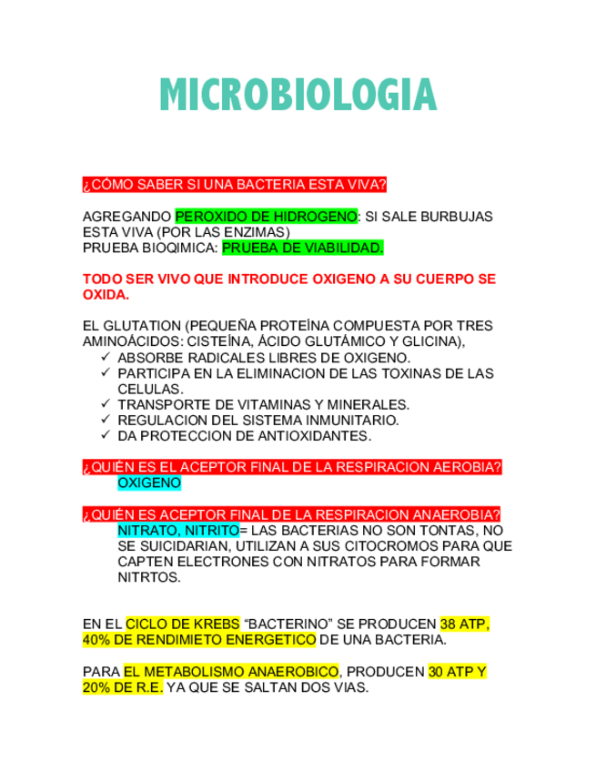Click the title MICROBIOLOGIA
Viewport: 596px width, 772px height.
pyautogui.click(x=298, y=96)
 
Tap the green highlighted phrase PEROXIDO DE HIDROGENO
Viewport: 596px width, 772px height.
pyautogui.click(x=266, y=217)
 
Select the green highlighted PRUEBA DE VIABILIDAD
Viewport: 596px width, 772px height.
pyautogui.click(x=303, y=248)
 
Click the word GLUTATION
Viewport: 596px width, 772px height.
pyautogui.click(x=142, y=326)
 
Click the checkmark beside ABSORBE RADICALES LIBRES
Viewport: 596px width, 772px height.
pyautogui.click(x=106, y=357)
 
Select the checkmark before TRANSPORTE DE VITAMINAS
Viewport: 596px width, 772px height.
pyautogui.click(x=106, y=404)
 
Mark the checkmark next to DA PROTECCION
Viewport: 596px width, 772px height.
pyautogui.click(x=106, y=435)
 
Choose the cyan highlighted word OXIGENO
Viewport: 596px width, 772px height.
pyautogui.click(x=149, y=482)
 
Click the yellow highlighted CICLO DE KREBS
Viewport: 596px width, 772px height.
pyautogui.click(x=183, y=625)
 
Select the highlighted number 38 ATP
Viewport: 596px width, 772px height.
pyautogui.click(x=464, y=625)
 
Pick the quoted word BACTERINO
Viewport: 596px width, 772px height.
pyautogui.click(x=288, y=625)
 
